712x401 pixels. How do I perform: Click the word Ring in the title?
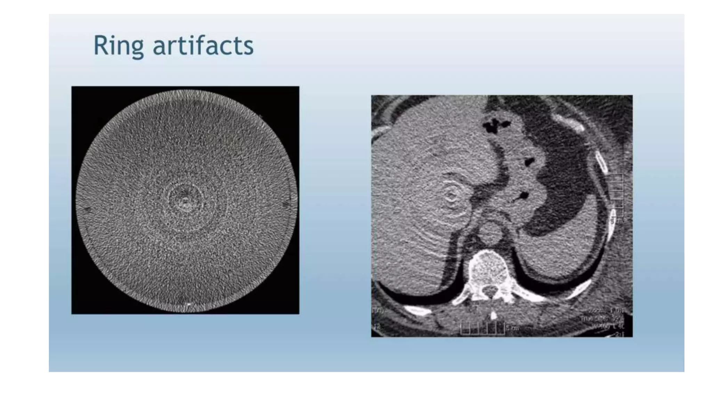point(118,46)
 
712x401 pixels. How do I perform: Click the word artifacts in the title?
point(203,46)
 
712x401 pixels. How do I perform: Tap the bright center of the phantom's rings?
point(185,201)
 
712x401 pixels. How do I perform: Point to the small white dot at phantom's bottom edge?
point(189,305)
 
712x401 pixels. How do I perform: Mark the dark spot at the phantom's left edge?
point(88,209)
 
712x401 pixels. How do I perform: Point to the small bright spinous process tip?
point(493,315)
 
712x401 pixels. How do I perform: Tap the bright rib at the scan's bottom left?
point(419,309)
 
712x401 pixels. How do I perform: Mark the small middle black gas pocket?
point(529,162)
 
